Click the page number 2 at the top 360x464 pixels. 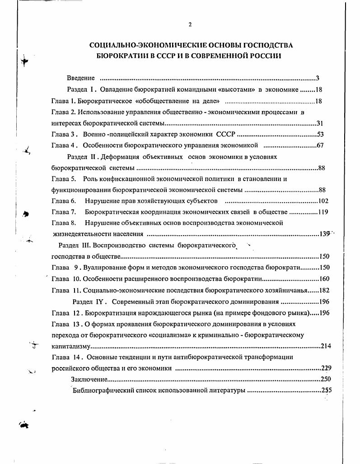pos(190,25)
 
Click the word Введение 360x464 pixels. pos(81,78)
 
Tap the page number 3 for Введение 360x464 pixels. pos(318,78)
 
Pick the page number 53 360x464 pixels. pos(320,134)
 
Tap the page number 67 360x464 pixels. pos(320,145)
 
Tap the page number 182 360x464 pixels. pos(324,290)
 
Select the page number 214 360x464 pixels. pos(326,346)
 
